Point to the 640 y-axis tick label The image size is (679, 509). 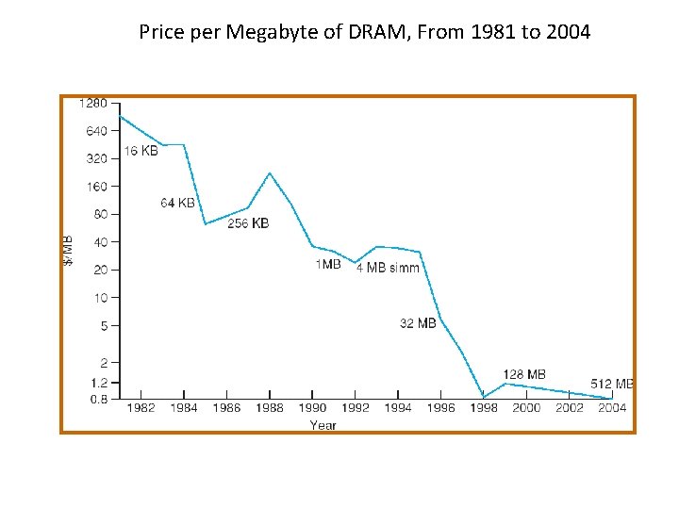(x=98, y=131)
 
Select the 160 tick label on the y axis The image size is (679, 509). (x=98, y=186)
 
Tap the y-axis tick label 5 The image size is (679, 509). (x=104, y=325)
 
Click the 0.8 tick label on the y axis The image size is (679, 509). (x=99, y=399)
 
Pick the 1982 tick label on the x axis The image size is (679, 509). (x=141, y=408)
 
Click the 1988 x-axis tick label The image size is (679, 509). (x=270, y=408)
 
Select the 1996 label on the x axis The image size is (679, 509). (x=440, y=408)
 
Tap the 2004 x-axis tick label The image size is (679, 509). (x=612, y=408)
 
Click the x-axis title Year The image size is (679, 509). (x=323, y=425)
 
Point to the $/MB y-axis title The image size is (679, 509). (x=68, y=250)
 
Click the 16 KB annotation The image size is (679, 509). (x=141, y=152)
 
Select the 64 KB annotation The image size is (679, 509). (x=177, y=203)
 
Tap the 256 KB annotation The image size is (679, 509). (x=248, y=223)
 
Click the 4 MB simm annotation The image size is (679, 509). (x=388, y=268)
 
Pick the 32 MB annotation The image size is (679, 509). (x=418, y=323)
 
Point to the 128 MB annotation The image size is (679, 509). (x=524, y=374)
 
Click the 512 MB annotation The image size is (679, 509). (x=612, y=384)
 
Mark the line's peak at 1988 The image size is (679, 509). (x=270, y=173)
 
